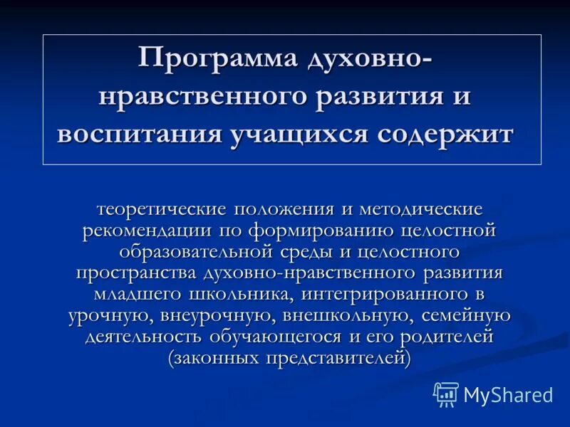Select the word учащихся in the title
[309, 135]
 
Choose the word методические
[420, 210]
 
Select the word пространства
[137, 273]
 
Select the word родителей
[447, 337]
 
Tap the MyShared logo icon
[446, 394]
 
